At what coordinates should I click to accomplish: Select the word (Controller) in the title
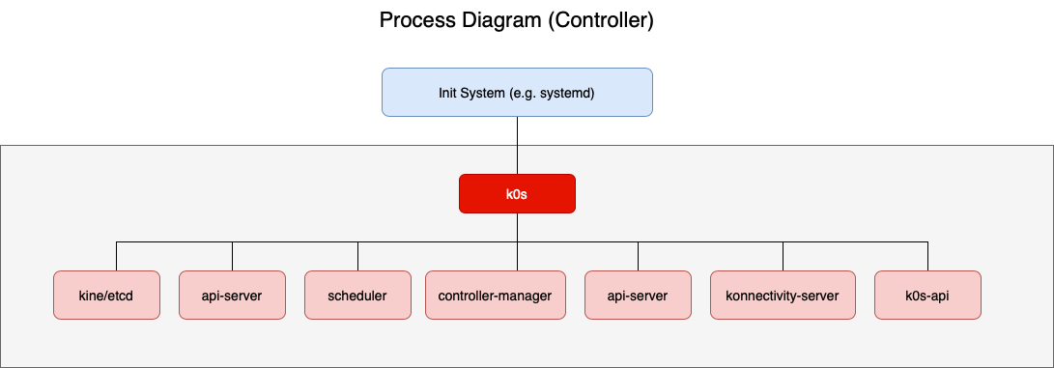click(600, 20)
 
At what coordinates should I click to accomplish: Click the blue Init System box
click(517, 92)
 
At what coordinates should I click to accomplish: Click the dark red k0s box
click(517, 193)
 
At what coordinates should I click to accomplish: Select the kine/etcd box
click(106, 295)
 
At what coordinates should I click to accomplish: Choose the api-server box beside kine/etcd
click(232, 295)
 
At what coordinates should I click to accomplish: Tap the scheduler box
click(357, 295)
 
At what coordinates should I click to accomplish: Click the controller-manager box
click(495, 295)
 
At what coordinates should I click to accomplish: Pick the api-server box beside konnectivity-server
click(638, 295)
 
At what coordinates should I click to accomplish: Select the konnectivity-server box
click(783, 295)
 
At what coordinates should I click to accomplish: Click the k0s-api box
click(927, 295)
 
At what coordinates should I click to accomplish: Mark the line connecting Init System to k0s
click(517, 145)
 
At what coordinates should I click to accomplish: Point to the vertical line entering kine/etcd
click(116, 256)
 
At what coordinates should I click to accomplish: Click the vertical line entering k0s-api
click(927, 256)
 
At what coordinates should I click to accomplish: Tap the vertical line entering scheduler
click(357, 256)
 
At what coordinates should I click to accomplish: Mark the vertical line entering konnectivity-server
click(783, 256)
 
